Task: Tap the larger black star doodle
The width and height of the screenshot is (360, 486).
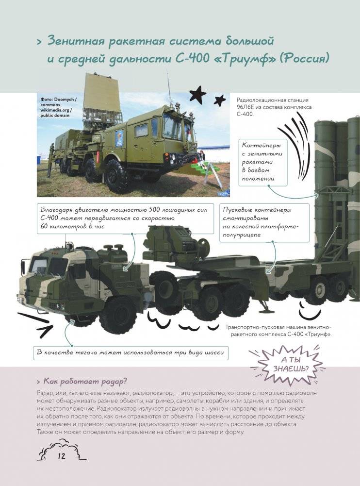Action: tap(197, 94)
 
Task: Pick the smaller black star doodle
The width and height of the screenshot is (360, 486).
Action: tap(220, 101)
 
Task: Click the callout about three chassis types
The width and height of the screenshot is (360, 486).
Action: tap(131, 352)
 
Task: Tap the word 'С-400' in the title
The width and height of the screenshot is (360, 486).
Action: tap(191, 59)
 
